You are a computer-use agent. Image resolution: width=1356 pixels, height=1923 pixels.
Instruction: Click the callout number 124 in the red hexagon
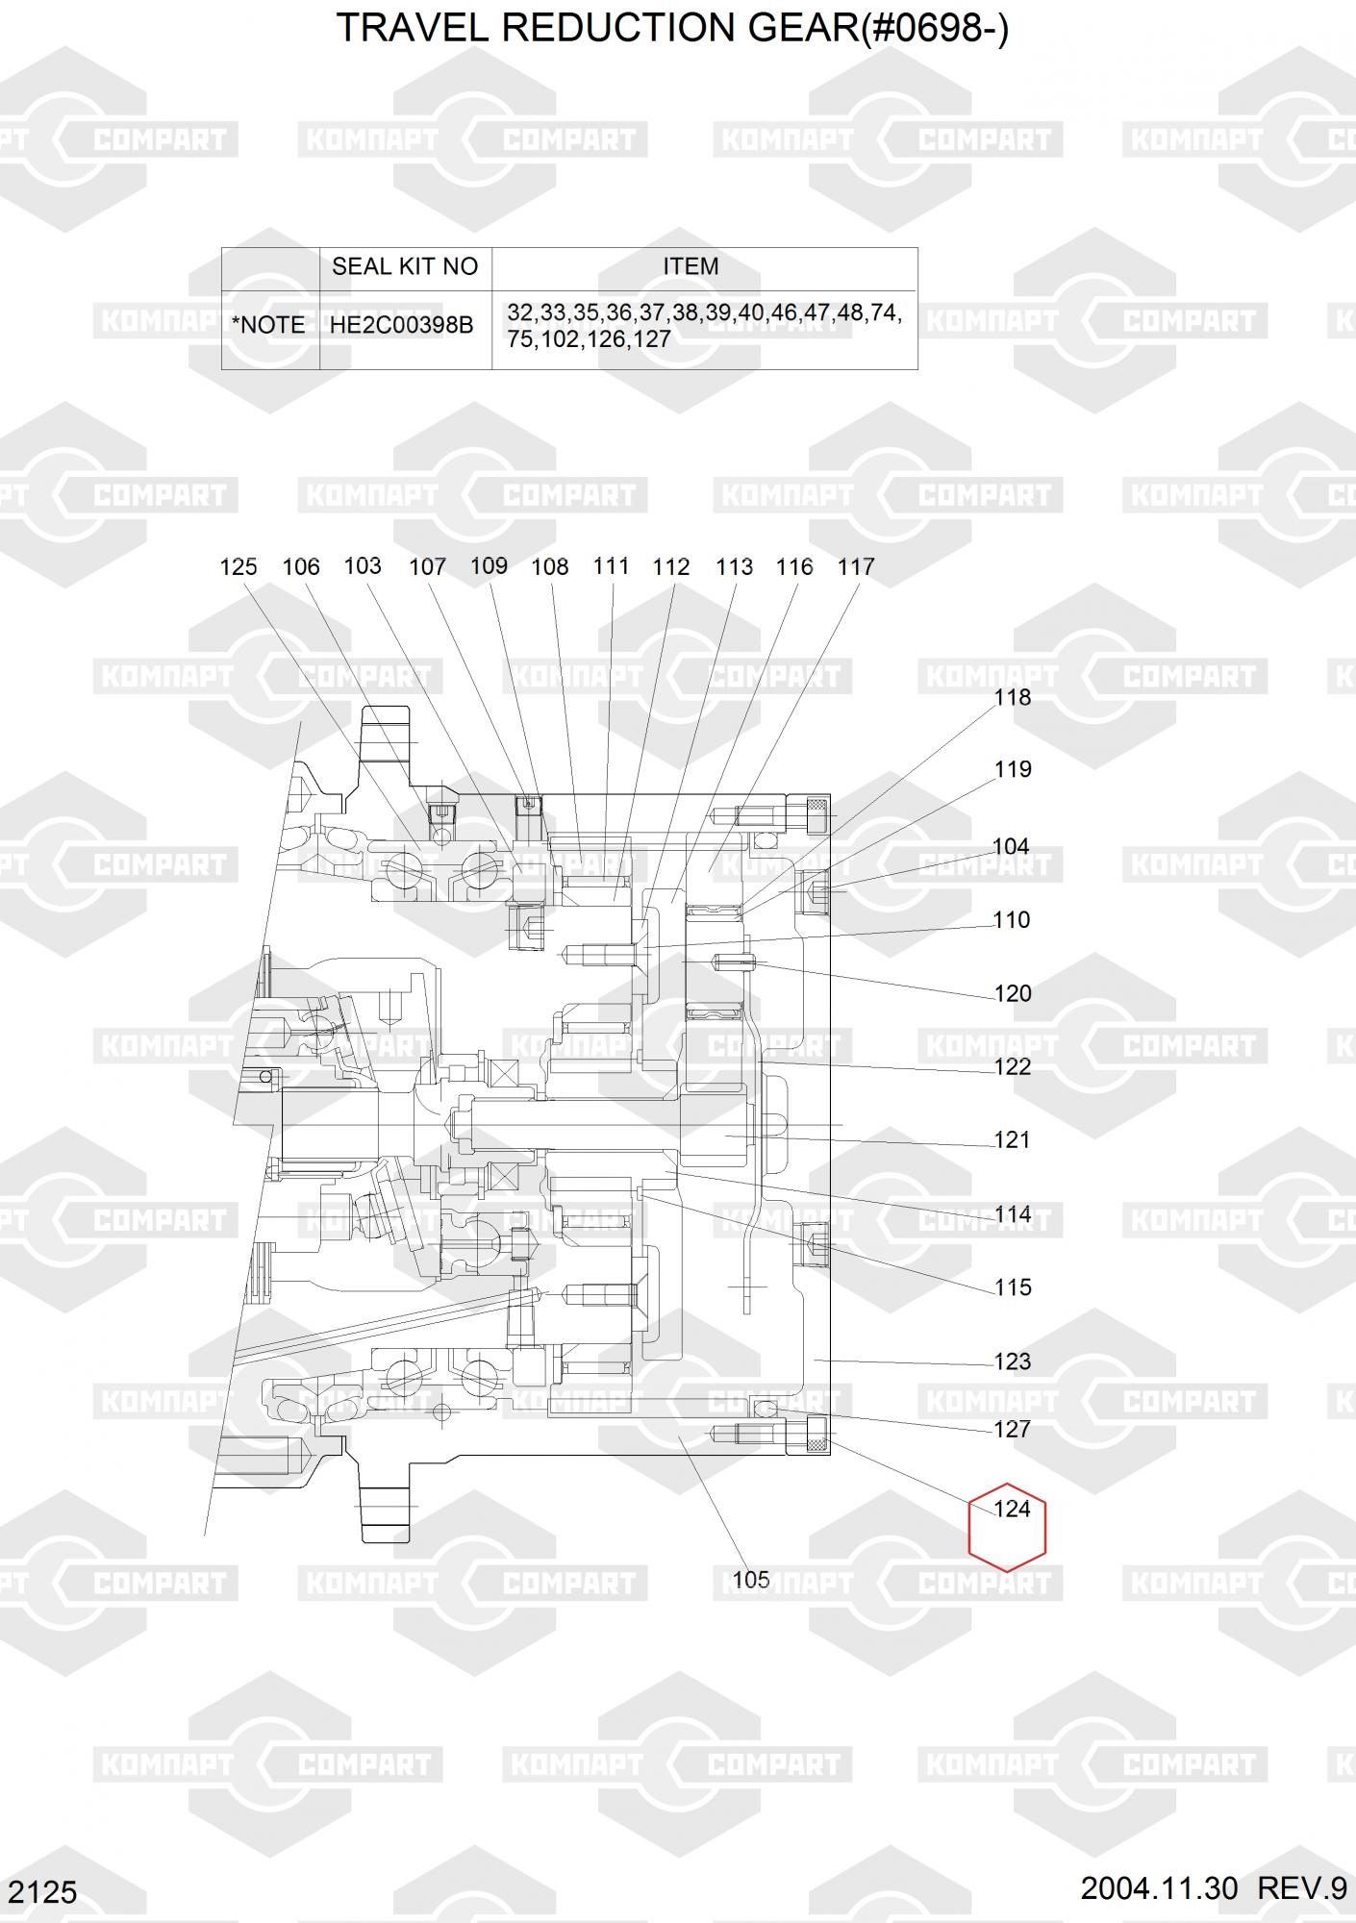click(1012, 1509)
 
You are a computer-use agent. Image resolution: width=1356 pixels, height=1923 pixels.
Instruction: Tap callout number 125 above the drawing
click(239, 567)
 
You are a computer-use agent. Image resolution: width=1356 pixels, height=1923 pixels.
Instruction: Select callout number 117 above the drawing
click(856, 567)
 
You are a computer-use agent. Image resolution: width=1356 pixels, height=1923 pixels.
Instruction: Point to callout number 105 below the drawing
click(751, 1580)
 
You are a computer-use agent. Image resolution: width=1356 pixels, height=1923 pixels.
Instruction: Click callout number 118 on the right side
click(1012, 697)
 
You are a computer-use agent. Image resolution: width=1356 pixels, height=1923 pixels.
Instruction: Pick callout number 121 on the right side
click(1012, 1140)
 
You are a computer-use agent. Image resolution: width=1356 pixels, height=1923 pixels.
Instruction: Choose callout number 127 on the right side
click(1012, 1430)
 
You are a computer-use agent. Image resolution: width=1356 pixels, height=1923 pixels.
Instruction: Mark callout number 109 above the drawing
click(489, 566)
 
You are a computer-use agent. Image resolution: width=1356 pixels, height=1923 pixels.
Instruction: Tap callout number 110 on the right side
click(1012, 920)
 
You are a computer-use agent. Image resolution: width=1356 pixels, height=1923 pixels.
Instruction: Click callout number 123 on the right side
click(1012, 1361)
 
